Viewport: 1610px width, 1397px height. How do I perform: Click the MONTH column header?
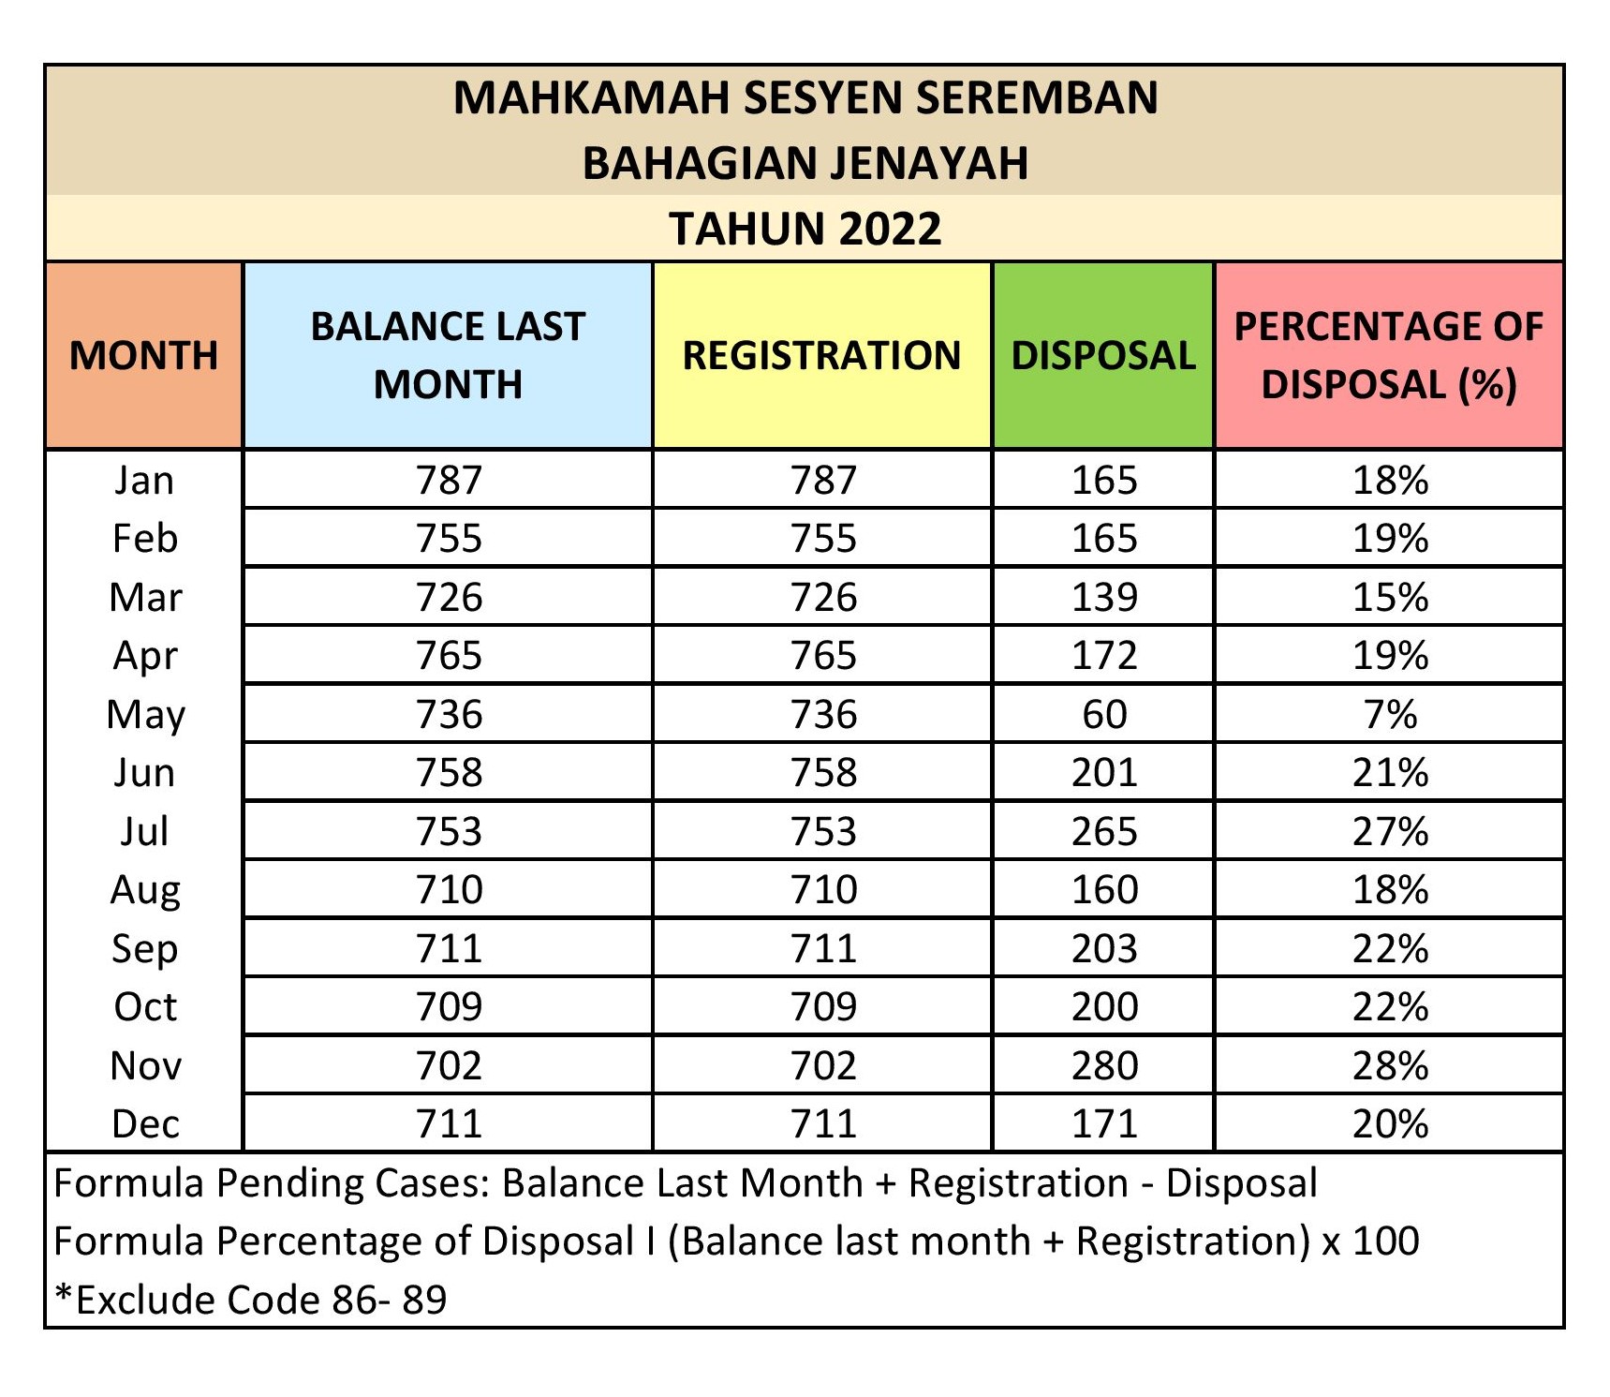[x=143, y=355]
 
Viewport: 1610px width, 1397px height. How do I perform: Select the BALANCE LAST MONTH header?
[x=448, y=355]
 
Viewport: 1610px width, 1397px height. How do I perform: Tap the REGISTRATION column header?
[x=821, y=355]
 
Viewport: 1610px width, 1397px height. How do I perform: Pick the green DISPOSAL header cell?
[x=1103, y=355]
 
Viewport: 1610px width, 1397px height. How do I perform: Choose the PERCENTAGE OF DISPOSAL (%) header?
[x=1389, y=355]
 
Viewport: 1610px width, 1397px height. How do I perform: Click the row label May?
[x=145, y=714]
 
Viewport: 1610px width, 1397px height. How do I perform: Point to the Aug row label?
[x=145, y=889]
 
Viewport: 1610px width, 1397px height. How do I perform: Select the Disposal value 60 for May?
[x=1104, y=714]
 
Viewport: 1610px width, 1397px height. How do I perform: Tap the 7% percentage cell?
[x=1390, y=714]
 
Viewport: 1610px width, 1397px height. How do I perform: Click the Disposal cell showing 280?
[x=1104, y=1065]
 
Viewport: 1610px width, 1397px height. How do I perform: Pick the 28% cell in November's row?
[x=1390, y=1065]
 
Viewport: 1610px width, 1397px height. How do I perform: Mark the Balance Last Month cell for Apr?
[x=449, y=655]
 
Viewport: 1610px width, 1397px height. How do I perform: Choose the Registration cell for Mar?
[x=823, y=597]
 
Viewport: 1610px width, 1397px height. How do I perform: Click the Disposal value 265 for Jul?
[x=1104, y=831]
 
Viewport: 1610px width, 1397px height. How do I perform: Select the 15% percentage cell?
[x=1390, y=597]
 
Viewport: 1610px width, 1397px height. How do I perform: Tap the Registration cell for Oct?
[x=823, y=1006]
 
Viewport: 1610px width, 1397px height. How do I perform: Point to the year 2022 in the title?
[x=890, y=229]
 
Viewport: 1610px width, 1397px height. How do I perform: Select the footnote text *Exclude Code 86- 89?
[x=251, y=1300]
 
